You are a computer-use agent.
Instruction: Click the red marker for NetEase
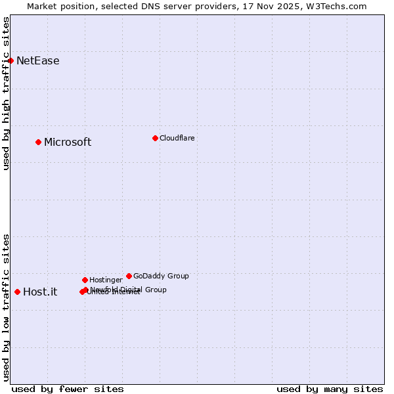pos(11,60)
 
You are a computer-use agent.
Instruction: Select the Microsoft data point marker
pos(38,142)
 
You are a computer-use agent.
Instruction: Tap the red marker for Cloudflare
pos(155,138)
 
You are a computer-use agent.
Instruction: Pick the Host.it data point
pos(17,292)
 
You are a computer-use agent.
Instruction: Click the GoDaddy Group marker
pos(129,276)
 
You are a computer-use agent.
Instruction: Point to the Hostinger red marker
pos(85,280)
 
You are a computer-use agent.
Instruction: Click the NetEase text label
pos(37,61)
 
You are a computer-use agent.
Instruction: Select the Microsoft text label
pos(68,142)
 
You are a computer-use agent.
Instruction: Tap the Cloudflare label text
pos(177,138)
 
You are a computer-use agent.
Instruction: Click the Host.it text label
pos(40,292)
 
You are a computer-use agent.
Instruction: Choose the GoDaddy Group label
pos(161,276)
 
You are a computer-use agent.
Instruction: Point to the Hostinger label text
pos(106,280)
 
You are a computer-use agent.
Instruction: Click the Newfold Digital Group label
pos(129,289)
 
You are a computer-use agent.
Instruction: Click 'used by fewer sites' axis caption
pos(68,389)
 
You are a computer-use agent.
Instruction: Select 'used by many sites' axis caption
pos(330,389)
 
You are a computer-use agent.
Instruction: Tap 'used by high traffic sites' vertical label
pos(6,94)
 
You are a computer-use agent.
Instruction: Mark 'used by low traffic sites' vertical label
pos(6,307)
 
